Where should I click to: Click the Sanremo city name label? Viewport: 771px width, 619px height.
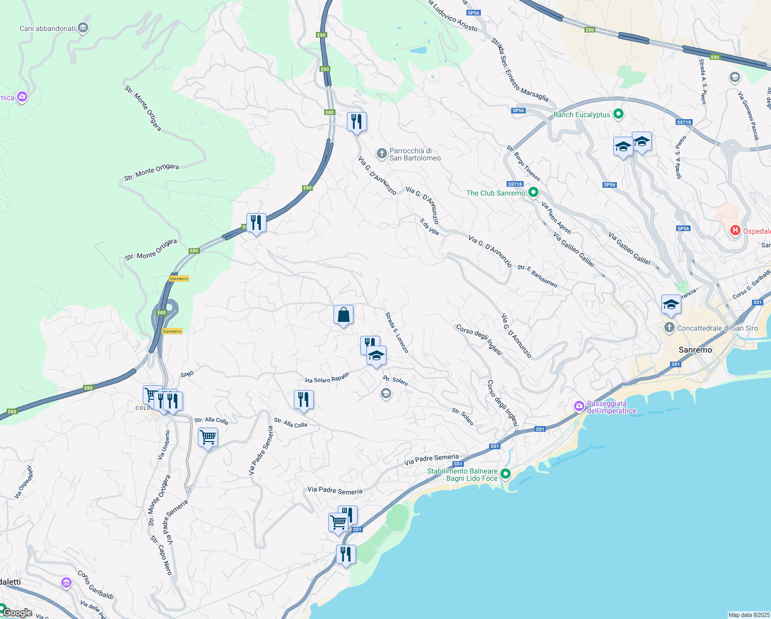pyautogui.click(x=695, y=350)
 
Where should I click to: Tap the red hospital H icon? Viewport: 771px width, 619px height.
pyautogui.click(x=735, y=231)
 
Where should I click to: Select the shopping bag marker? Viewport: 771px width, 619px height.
pyautogui.click(x=343, y=315)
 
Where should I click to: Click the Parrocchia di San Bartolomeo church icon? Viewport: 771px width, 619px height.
pyautogui.click(x=381, y=153)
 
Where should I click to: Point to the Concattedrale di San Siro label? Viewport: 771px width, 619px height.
pyautogui.click(x=717, y=328)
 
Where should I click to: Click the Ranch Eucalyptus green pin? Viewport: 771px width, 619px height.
pyautogui.click(x=619, y=115)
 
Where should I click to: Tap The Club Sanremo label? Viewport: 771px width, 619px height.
pyautogui.click(x=495, y=193)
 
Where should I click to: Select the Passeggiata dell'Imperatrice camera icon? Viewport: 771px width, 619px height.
pyautogui.click(x=579, y=407)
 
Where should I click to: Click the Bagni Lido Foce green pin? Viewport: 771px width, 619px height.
pyautogui.click(x=506, y=474)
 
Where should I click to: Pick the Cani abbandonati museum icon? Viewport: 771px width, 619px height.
pyautogui.click(x=83, y=28)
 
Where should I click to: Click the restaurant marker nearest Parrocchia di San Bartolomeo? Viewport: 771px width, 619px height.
pyautogui.click(x=357, y=122)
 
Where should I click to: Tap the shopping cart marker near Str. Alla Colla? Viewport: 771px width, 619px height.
pyautogui.click(x=208, y=437)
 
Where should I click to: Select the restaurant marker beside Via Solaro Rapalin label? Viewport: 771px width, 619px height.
pyautogui.click(x=304, y=400)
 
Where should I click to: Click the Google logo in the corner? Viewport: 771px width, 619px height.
pyautogui.click(x=18, y=613)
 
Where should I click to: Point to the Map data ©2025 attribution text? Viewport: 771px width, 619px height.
pyautogui.click(x=748, y=615)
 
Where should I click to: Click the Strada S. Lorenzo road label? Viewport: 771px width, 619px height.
pyautogui.click(x=397, y=333)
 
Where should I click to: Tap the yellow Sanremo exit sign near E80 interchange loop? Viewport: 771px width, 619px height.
pyautogui.click(x=172, y=331)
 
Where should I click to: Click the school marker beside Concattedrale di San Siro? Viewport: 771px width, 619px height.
pyautogui.click(x=671, y=305)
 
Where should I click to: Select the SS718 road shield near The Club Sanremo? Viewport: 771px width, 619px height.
pyautogui.click(x=515, y=184)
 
